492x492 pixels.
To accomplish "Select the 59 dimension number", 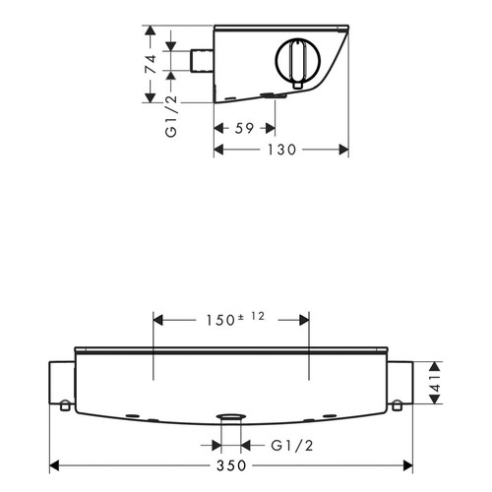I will tap(244, 128).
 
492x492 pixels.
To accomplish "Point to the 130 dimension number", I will tap(282, 150).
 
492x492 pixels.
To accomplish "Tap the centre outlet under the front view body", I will tap(231, 418).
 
